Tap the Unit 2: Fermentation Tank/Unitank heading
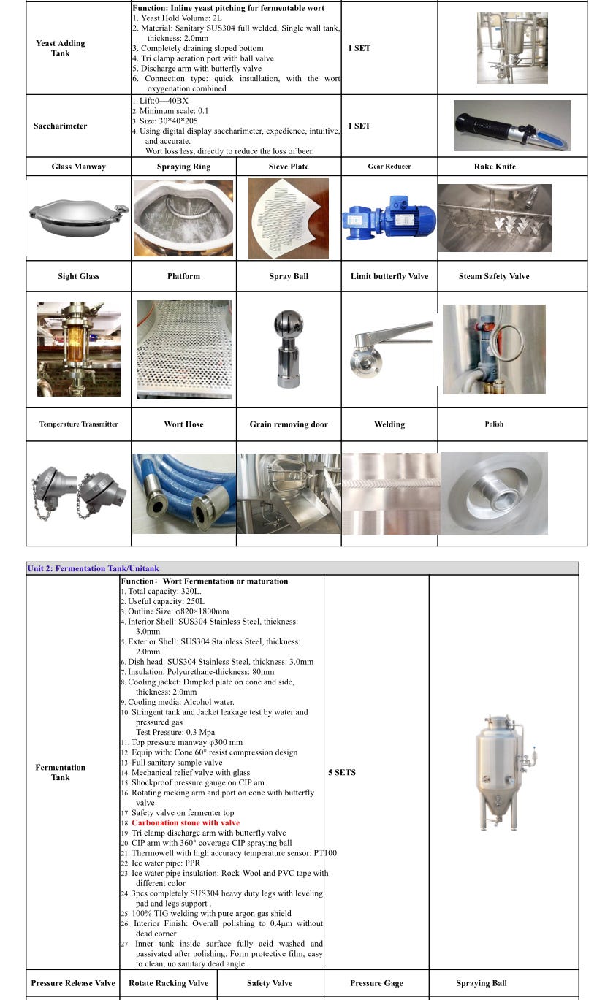tap(93, 568)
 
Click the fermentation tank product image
tap(503, 773)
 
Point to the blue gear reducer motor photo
tap(389, 218)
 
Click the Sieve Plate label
tap(289, 167)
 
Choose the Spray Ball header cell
tap(289, 276)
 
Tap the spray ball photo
tap(288, 349)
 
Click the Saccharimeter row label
tap(61, 126)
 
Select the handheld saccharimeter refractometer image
tap(511, 125)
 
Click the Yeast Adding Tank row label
tap(61, 48)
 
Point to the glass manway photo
tap(78, 218)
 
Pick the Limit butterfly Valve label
tap(389, 276)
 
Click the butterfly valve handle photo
tap(389, 348)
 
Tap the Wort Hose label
tap(183, 424)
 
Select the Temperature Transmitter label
tap(78, 424)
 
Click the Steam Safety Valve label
tap(494, 276)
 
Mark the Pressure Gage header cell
tap(376, 983)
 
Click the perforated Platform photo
tap(183, 349)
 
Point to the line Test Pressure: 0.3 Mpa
tap(175, 732)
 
